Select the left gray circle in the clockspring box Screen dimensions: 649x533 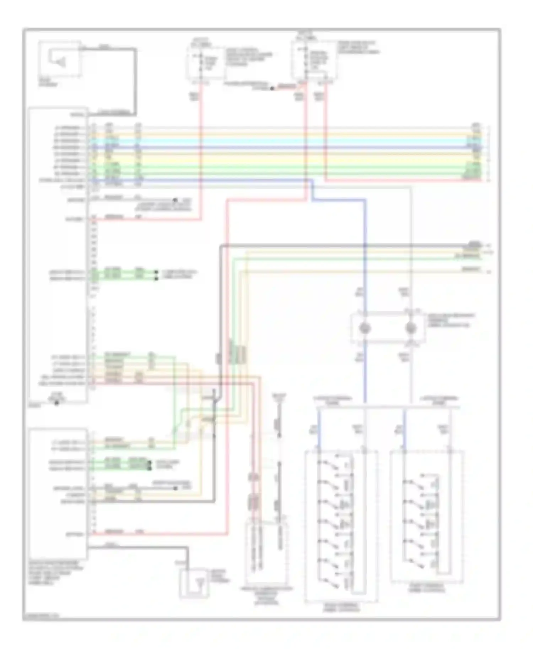click(364, 328)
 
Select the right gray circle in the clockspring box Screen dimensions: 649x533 click(411, 328)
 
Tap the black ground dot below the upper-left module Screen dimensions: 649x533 click(56, 403)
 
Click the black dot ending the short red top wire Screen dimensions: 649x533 click(272, 88)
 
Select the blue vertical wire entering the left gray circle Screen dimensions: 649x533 click(365, 284)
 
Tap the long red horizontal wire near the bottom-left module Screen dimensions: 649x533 click(160, 533)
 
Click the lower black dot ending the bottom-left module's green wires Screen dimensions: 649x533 click(150, 469)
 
